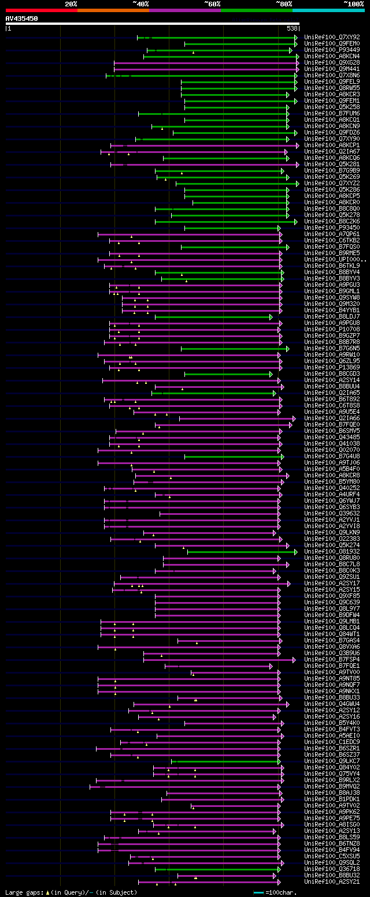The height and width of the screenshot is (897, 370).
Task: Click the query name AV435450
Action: click(22, 18)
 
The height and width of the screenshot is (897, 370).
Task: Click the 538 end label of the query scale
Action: click(291, 28)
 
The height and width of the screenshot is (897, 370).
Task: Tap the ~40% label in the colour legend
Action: click(140, 4)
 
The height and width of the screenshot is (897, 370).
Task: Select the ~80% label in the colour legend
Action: click(284, 4)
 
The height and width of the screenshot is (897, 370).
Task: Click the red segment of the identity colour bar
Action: click(41, 10)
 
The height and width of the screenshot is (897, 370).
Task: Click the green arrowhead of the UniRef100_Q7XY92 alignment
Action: click(296, 38)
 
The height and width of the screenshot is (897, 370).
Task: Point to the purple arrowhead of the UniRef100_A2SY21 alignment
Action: click(279, 882)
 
